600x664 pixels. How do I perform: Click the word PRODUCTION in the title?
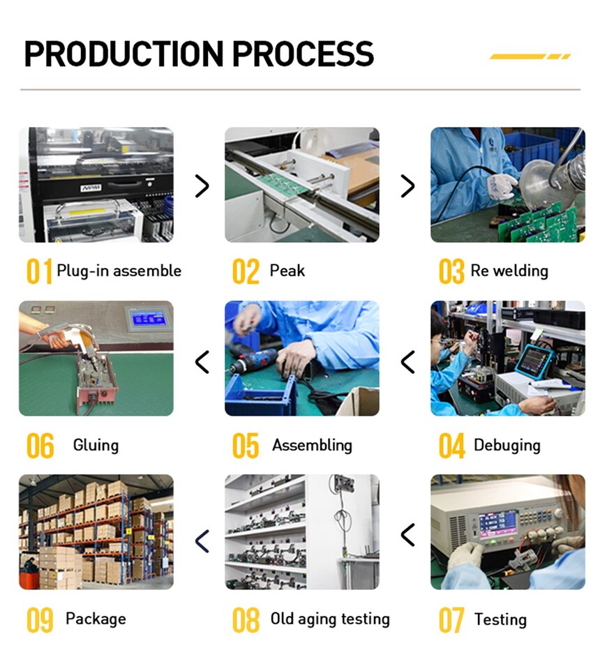123,54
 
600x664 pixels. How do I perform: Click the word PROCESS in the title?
303,54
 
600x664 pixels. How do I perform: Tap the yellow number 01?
39,271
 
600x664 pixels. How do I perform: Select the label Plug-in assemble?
119,271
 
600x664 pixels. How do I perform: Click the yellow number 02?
246,271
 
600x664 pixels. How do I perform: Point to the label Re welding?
509,271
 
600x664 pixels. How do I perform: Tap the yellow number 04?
451,446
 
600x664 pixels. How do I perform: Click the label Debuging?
507,446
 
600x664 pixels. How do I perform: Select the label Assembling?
313,446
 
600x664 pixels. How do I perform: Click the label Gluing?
96,446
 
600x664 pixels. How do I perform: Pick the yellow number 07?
451,620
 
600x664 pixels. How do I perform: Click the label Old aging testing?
330,619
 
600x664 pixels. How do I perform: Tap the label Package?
96,619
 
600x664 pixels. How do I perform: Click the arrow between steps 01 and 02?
202,186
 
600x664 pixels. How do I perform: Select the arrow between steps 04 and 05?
407,362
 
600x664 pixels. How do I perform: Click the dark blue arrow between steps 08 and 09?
202,541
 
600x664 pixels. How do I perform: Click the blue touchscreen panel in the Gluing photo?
148,319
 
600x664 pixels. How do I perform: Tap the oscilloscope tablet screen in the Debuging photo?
532,360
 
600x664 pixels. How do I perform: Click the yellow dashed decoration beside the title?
530,56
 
